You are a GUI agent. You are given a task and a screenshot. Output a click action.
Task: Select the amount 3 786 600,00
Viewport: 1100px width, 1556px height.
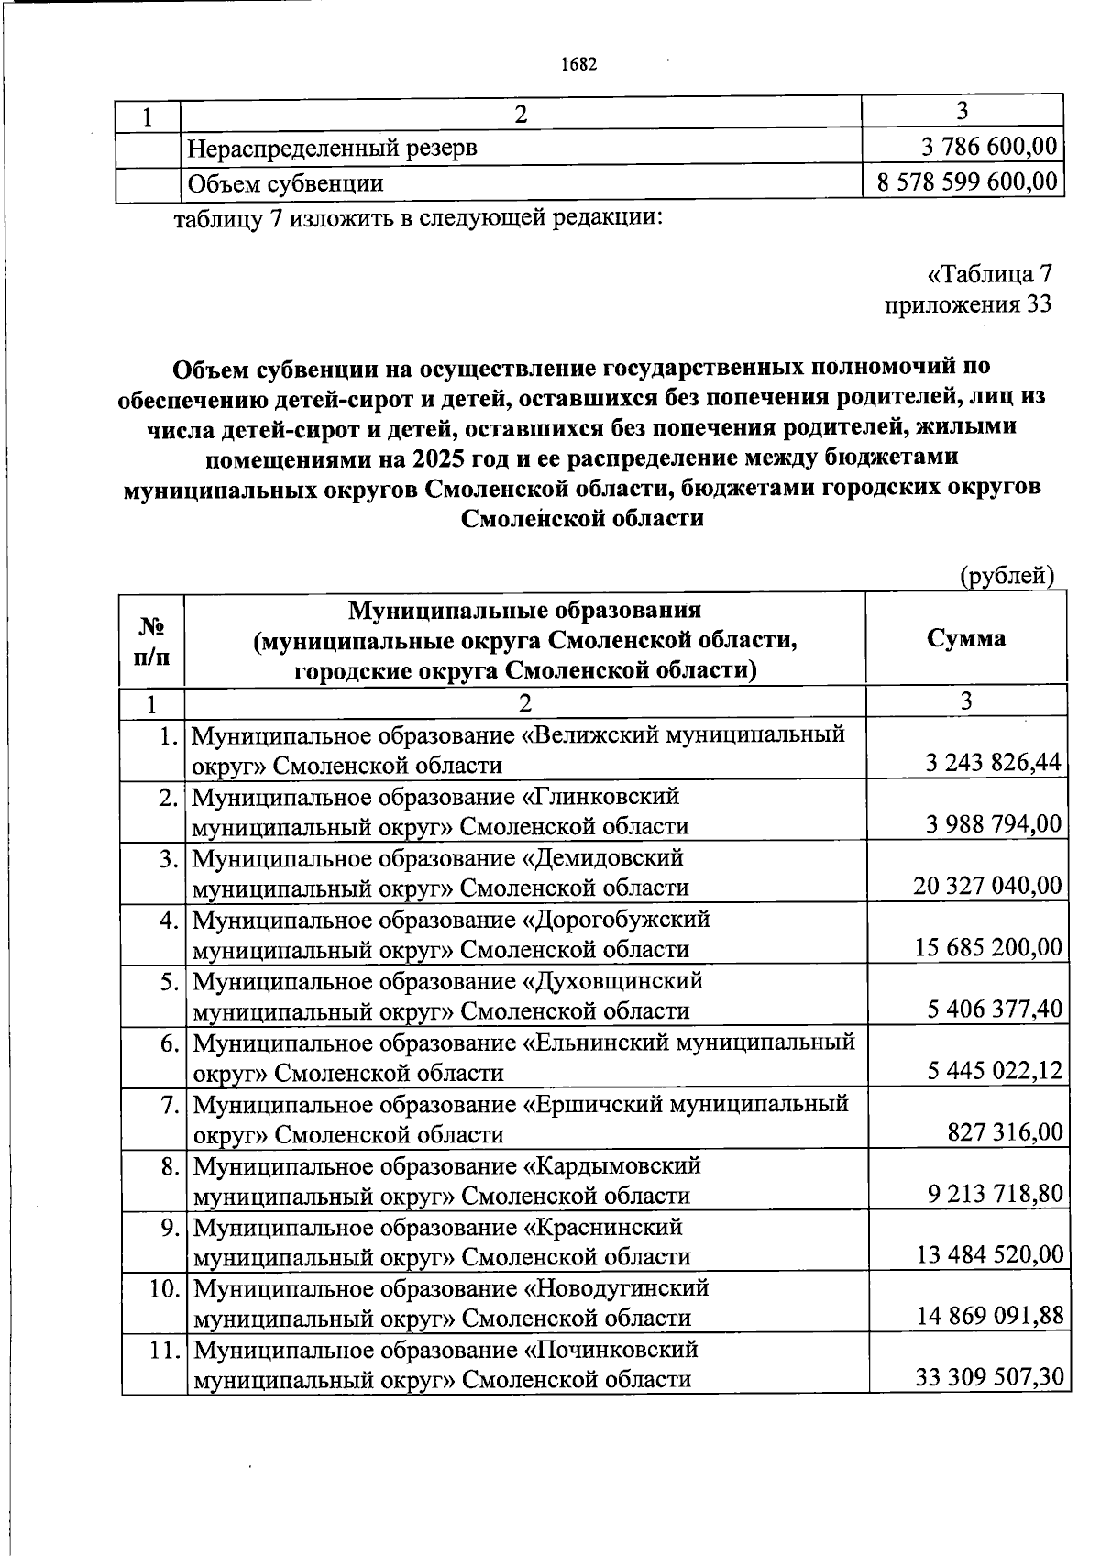point(988,147)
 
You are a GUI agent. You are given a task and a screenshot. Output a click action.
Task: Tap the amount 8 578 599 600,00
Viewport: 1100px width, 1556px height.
point(967,182)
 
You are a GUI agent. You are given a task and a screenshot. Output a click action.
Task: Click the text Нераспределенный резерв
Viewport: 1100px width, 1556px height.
point(332,147)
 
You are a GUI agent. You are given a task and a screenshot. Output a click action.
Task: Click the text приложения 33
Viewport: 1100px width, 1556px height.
point(968,304)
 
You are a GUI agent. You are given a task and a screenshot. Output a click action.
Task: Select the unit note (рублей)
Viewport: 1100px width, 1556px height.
point(1006,576)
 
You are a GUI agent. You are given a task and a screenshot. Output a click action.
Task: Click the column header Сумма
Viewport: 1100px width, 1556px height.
point(965,638)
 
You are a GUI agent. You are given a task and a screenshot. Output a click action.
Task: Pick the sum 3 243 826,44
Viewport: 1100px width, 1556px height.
point(994,763)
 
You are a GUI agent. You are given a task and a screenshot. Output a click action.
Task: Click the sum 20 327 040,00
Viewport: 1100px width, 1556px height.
point(987,886)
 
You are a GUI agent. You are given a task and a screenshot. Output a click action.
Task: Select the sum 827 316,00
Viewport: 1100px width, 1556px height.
point(1005,1132)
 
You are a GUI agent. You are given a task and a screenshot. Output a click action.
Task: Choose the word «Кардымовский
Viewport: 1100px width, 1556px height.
point(611,1166)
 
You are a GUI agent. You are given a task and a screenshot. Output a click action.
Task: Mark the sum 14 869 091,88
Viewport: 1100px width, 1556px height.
point(989,1317)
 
